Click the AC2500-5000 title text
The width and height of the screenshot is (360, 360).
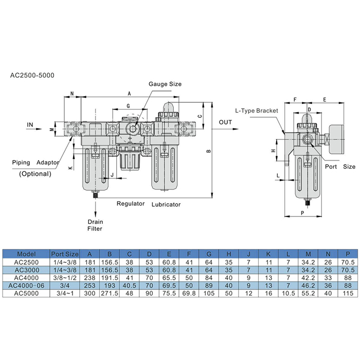pos(32,75)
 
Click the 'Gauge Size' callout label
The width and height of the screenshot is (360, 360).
pos(165,84)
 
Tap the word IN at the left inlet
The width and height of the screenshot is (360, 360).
pos(30,124)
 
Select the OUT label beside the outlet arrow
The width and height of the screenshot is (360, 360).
pos(225,122)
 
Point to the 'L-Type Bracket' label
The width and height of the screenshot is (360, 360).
pos(257,111)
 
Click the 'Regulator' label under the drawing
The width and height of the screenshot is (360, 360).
pos(130,204)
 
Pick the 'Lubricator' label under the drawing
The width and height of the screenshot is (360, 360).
pos(166,204)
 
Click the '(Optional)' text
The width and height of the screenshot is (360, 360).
pos(35,174)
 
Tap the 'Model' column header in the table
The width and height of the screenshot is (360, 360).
pos(26,254)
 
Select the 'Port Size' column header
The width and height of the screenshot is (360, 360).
pos(65,254)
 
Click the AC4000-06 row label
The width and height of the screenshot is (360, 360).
pos(26,285)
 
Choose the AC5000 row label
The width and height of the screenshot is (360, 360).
pos(26,293)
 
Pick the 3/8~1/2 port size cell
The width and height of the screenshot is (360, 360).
pos(65,277)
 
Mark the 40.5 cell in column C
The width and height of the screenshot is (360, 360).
pos(130,285)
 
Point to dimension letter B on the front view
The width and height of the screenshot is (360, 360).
pos(208,151)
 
